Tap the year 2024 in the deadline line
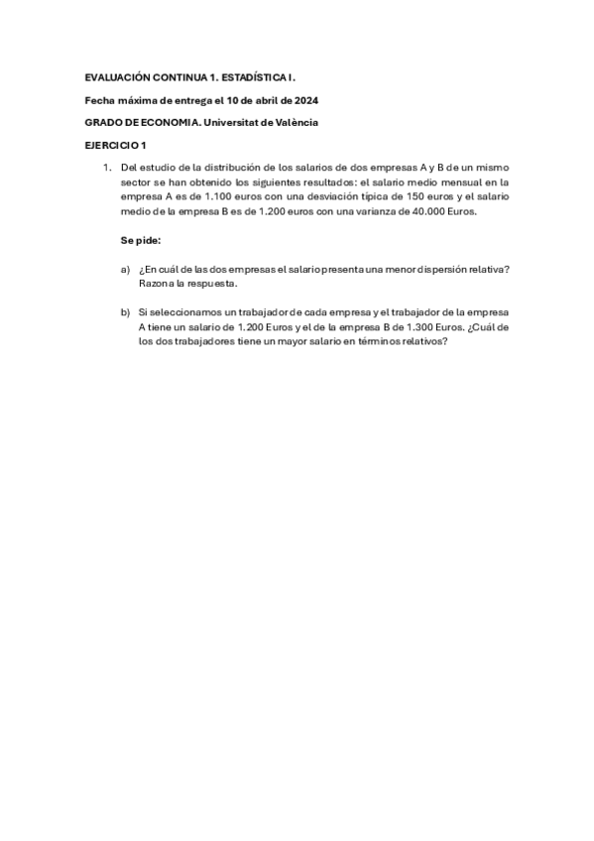(x=304, y=99)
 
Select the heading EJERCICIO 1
(x=115, y=145)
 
